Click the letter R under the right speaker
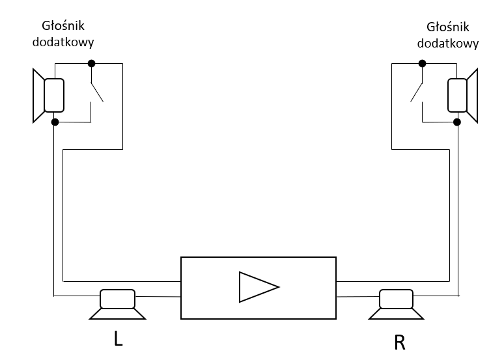pyautogui.click(x=399, y=342)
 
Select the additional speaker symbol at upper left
pyautogui.click(x=49, y=95)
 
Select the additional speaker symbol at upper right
pyautogui.click(x=462, y=96)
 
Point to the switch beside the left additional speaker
pyautogui.click(x=96, y=91)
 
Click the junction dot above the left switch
pyautogui.click(x=91, y=63)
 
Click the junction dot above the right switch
pyautogui.click(x=422, y=63)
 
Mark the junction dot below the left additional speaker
pyautogui.click(x=55, y=122)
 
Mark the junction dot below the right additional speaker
pyautogui.click(x=458, y=122)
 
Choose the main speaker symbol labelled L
pyautogui.click(x=117, y=304)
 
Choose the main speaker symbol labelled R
pyautogui.click(x=397, y=304)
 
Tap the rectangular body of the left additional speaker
pyautogui.click(x=54, y=95)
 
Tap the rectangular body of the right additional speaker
pyautogui.click(x=458, y=96)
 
